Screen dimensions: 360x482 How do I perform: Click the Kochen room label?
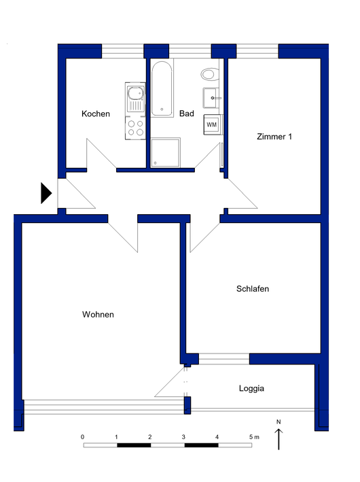point(96,114)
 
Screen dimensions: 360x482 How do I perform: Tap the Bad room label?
point(186,114)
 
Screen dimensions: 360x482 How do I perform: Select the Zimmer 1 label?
point(274,137)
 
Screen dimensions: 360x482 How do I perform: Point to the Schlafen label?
point(253,289)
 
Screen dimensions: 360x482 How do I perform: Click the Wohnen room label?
point(98,315)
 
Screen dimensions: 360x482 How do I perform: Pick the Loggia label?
point(251,389)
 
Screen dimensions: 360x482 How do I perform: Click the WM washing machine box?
point(212,124)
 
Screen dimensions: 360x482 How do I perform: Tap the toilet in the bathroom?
point(210,74)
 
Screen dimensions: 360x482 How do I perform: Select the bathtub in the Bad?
point(162,89)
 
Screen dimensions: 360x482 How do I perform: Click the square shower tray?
point(165,153)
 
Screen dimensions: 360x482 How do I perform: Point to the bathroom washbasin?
point(211,98)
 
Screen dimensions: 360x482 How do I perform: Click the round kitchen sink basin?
point(135,92)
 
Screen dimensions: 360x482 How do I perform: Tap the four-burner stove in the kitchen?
point(135,128)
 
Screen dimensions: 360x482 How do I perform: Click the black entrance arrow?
point(46,193)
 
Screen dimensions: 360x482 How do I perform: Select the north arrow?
point(278,439)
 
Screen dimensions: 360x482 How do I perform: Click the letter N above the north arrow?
point(278,421)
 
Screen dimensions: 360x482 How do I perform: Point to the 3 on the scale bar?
point(183,437)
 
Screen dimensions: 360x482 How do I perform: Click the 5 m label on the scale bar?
point(254,437)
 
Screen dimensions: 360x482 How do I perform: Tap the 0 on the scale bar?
point(82,437)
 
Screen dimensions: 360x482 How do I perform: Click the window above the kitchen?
point(123,51)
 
